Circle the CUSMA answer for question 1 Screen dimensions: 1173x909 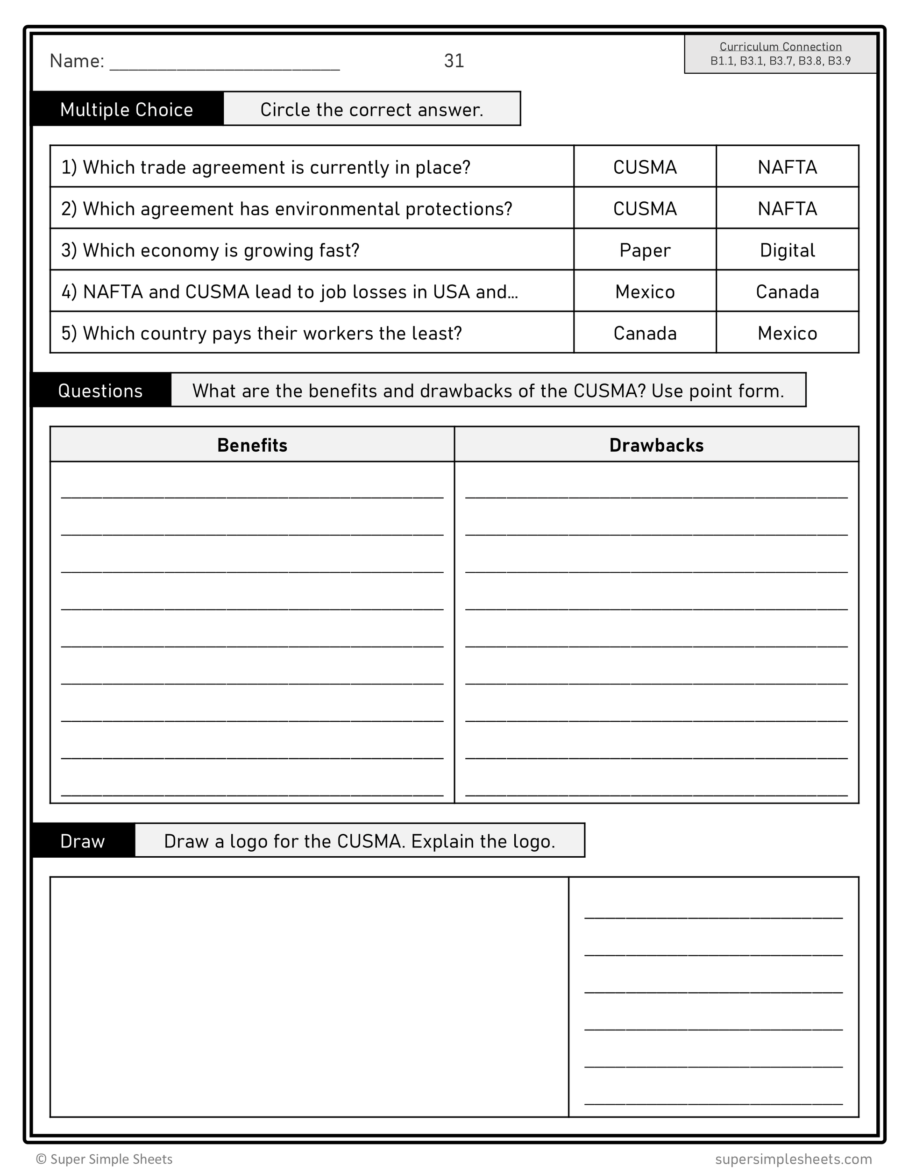tap(644, 167)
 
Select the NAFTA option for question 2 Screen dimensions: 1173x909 tap(787, 208)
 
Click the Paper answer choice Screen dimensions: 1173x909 tap(644, 250)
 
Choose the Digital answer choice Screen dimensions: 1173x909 tap(787, 250)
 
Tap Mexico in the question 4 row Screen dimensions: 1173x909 tap(644, 291)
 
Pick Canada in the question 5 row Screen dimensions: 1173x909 tap(644, 333)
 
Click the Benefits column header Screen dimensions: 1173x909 tap(252, 445)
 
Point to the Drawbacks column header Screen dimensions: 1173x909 tap(656, 445)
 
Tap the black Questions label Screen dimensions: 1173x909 tap(100, 391)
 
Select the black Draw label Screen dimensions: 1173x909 tap(83, 840)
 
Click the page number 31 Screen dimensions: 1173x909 tap(454, 61)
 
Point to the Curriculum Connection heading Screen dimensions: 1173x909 tap(780, 47)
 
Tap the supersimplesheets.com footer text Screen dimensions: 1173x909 tap(793, 1159)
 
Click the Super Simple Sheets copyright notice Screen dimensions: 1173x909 tap(104, 1159)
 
